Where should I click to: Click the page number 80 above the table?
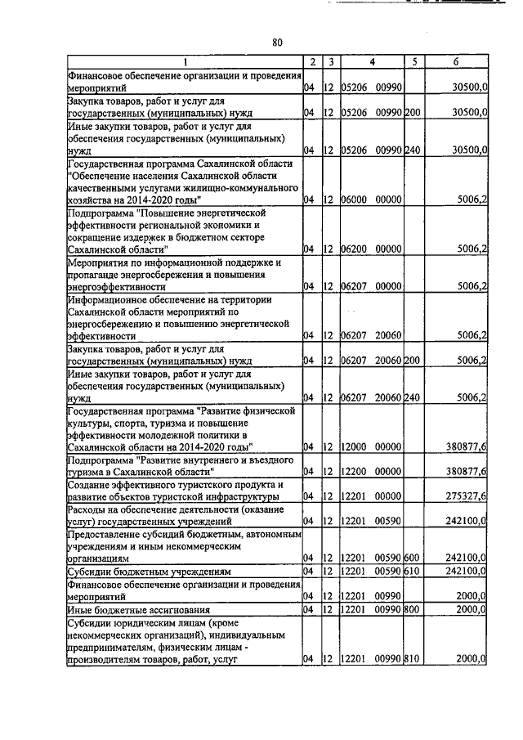277,43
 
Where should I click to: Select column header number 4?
372,62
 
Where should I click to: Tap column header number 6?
457,62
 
